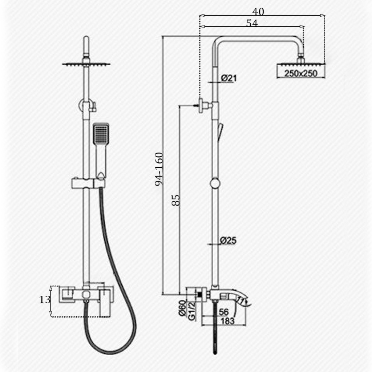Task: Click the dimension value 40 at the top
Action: tap(258, 11)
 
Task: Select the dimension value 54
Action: tap(252, 23)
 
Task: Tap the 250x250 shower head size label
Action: tap(301, 73)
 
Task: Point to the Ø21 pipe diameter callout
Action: tap(229, 78)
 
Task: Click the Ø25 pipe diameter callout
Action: tap(228, 240)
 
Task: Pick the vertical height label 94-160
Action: tap(159, 169)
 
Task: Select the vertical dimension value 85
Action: tap(176, 200)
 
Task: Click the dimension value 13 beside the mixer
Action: tap(45, 300)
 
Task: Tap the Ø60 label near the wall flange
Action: tap(182, 308)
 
